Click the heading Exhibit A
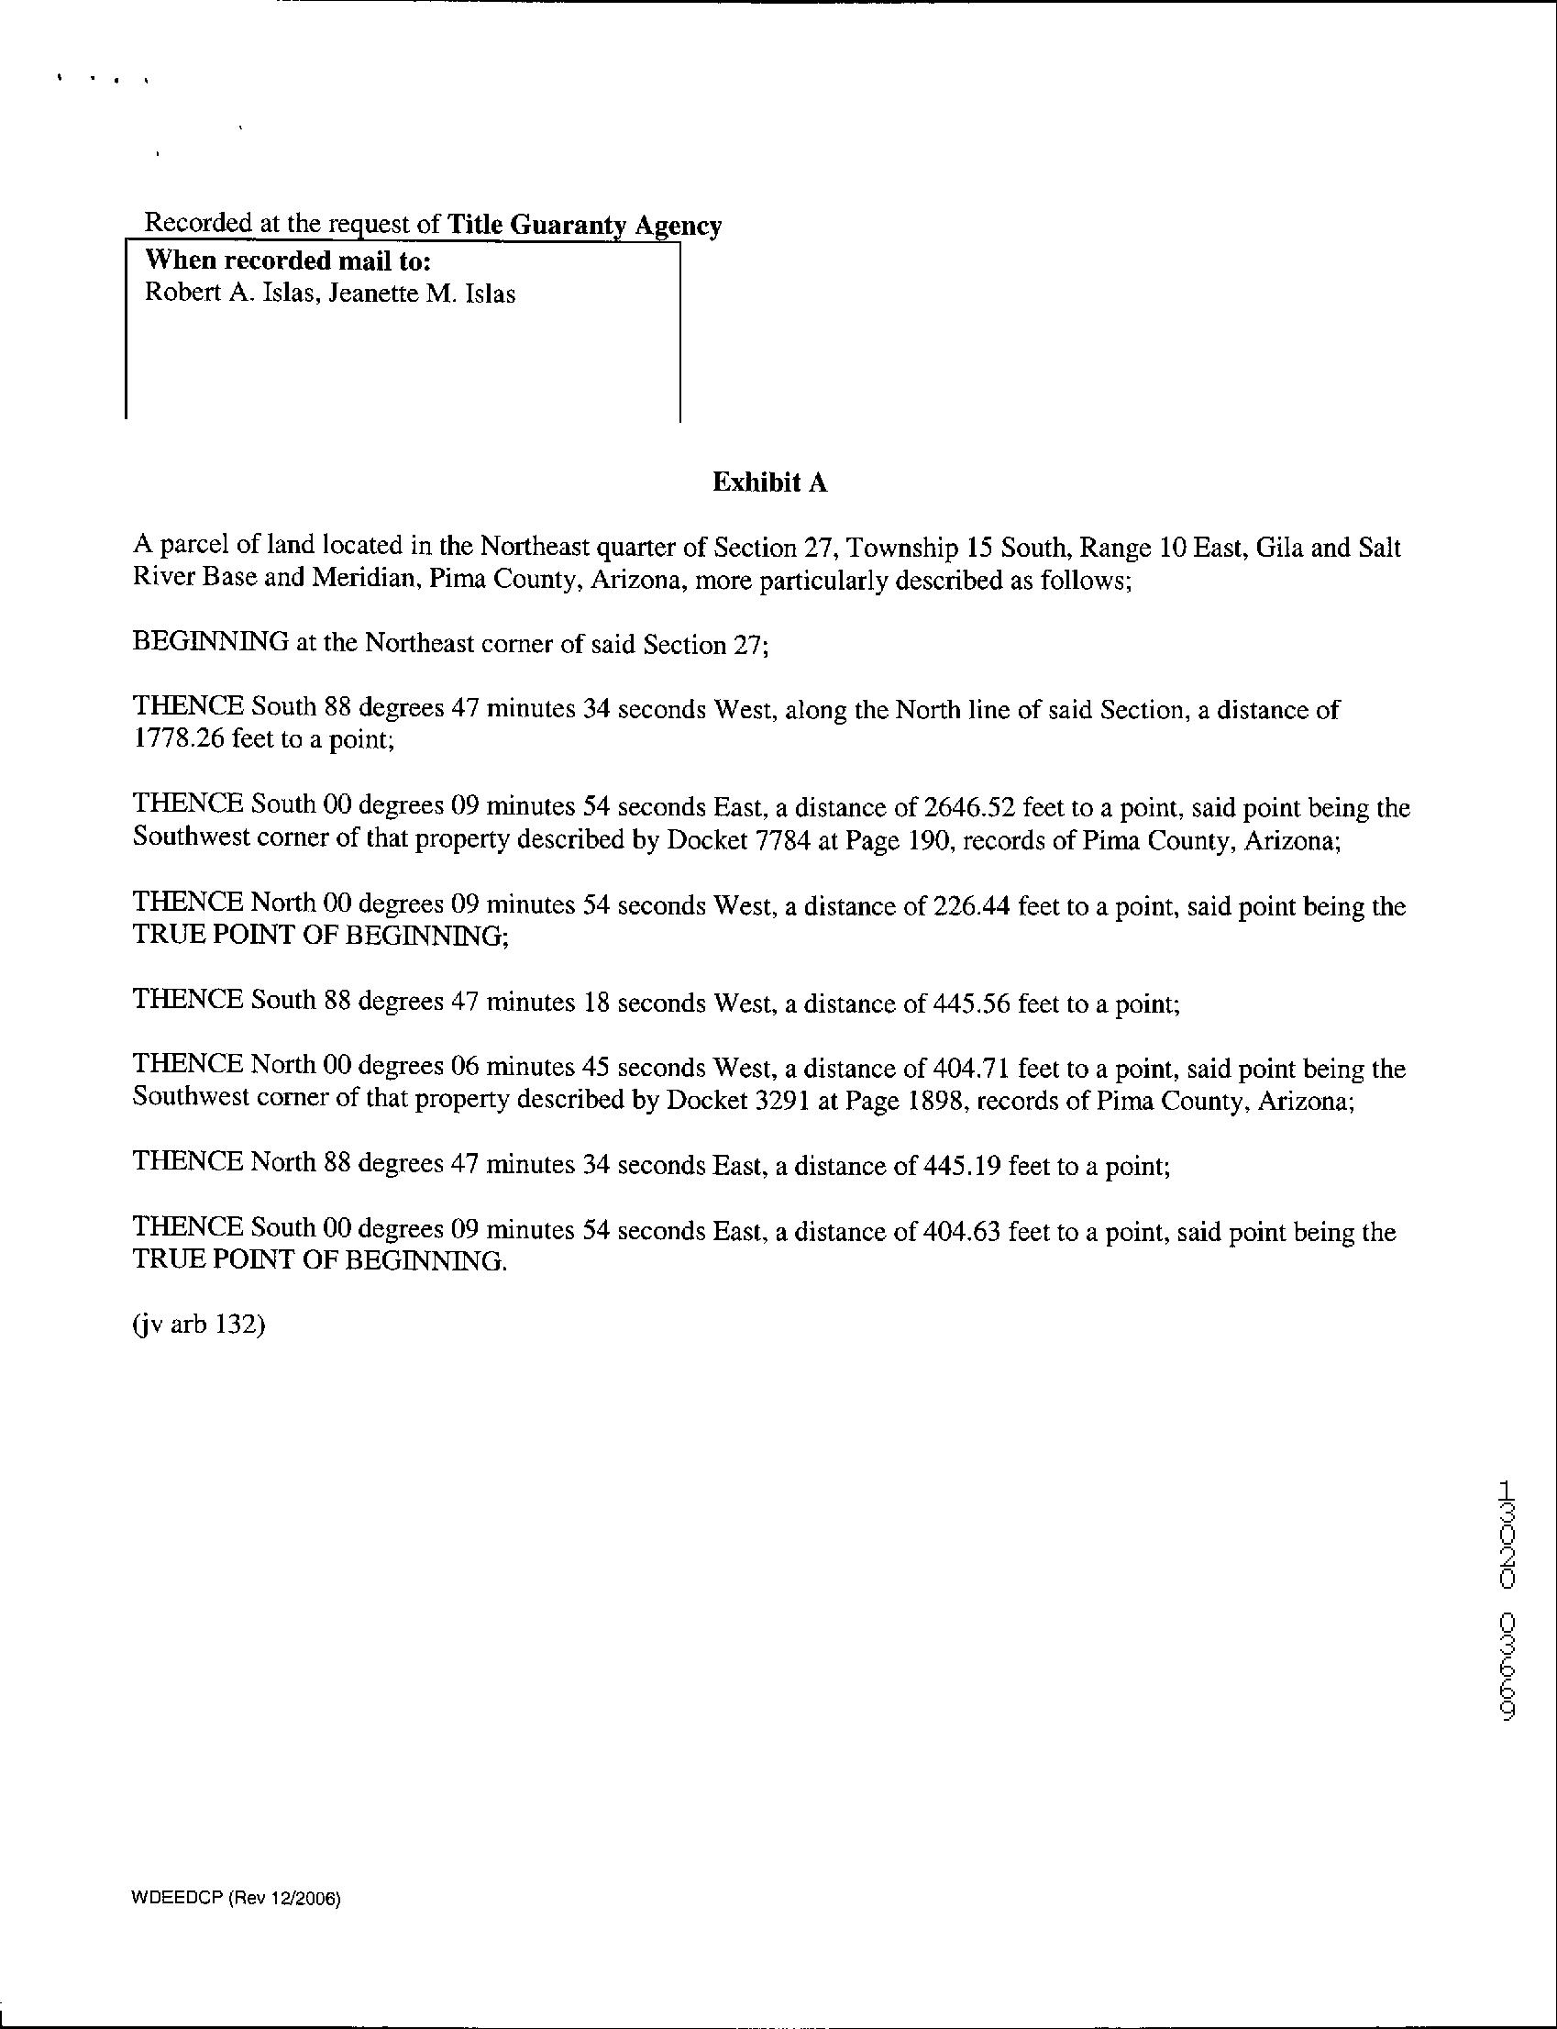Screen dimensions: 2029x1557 (769, 482)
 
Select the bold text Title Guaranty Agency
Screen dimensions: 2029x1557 (584, 226)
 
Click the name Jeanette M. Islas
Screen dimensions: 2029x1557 (422, 294)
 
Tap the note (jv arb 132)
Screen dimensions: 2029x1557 (199, 1325)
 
